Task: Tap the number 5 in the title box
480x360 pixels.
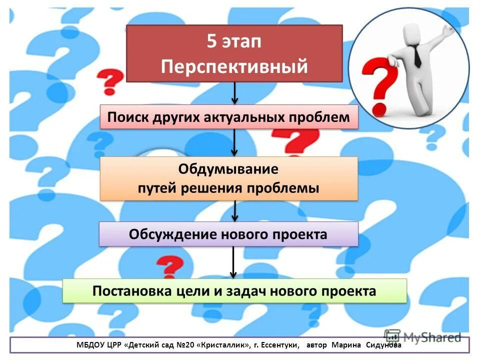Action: click(x=212, y=41)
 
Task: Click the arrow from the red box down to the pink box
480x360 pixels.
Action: click(x=234, y=93)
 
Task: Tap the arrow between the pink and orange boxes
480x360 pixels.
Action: click(x=234, y=143)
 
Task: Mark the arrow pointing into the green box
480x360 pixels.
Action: click(x=233, y=262)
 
